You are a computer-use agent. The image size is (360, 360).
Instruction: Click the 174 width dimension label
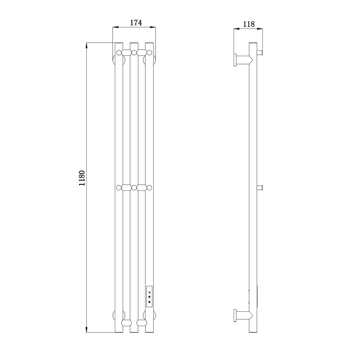136,23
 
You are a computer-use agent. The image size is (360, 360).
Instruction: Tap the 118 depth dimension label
249,24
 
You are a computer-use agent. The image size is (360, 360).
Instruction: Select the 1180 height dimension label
82,178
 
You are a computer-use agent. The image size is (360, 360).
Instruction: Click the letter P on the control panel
149,292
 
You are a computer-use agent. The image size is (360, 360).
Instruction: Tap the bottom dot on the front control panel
149,302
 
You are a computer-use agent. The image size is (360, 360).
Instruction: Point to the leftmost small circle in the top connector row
119,53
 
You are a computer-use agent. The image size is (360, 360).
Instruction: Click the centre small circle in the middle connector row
134,188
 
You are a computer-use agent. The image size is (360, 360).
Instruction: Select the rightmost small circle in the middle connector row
149,188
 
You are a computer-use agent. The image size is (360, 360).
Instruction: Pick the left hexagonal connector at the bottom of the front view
126,323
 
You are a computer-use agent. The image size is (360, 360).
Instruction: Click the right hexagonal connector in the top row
141,53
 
